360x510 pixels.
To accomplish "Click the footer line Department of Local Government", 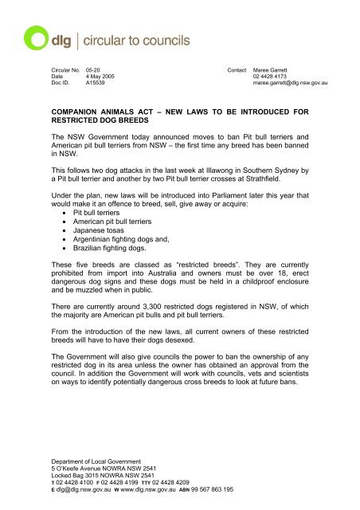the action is pyautogui.click(x=88, y=461).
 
